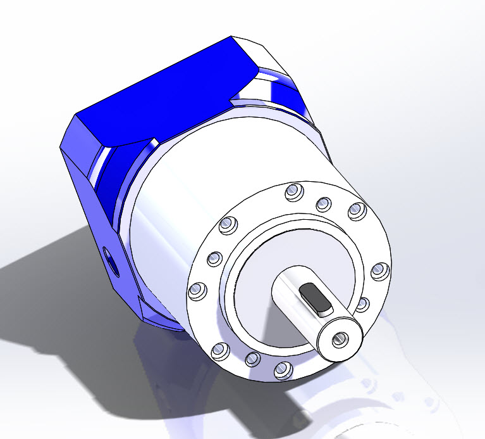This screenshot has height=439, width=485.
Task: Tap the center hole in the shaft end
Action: coord(340,338)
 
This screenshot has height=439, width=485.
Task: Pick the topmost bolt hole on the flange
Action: coord(292,191)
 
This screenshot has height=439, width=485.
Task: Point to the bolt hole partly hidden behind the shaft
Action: coord(362,305)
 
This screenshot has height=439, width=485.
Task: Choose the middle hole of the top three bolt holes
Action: coord(323,203)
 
